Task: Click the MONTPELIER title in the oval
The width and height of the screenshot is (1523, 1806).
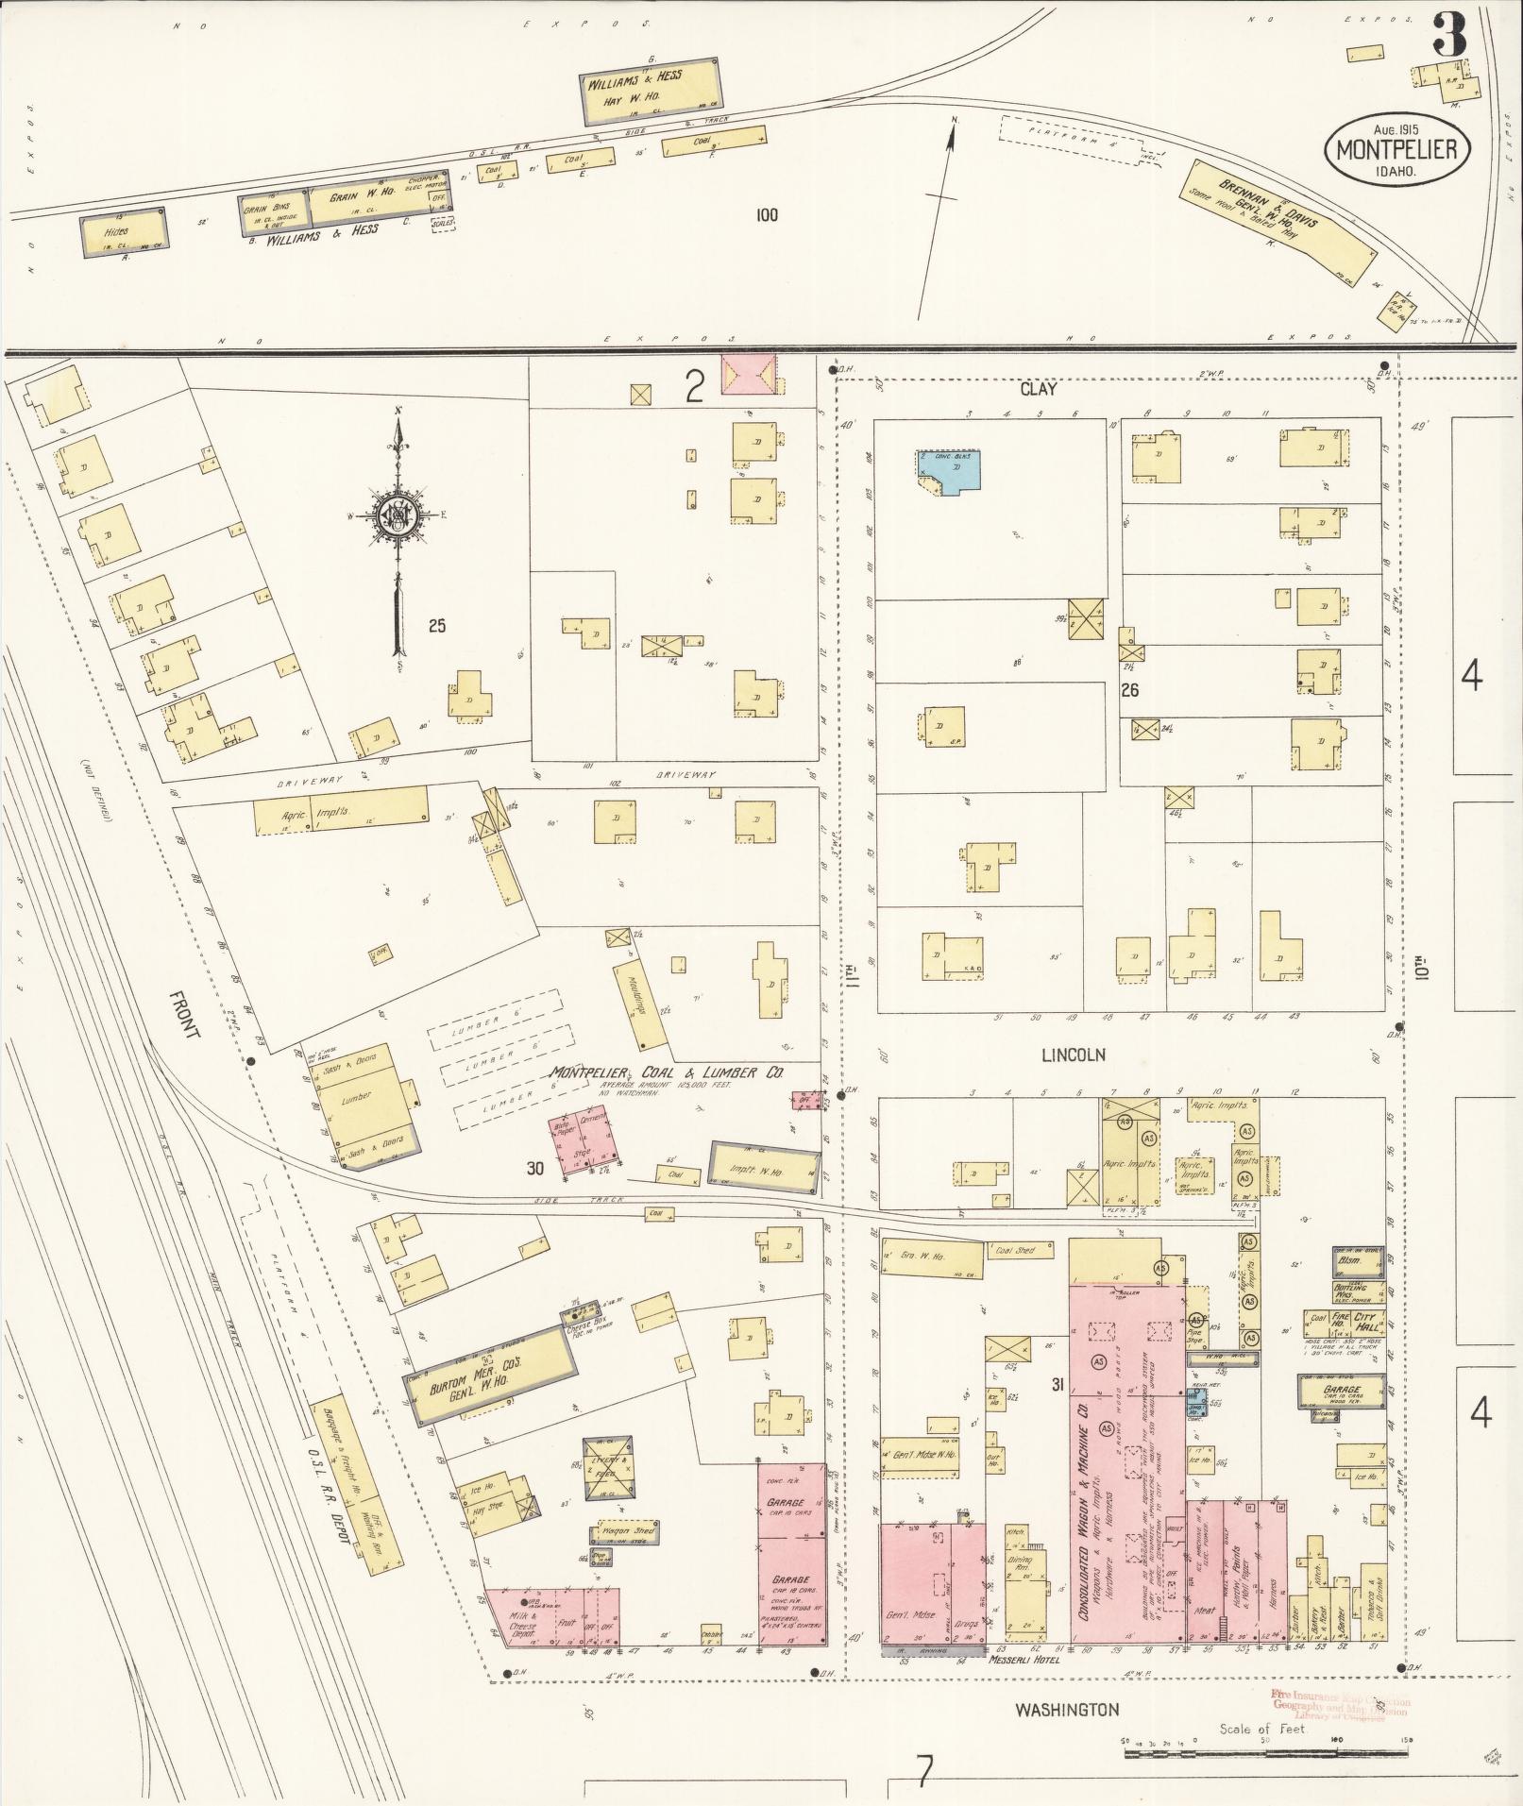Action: (x=1396, y=150)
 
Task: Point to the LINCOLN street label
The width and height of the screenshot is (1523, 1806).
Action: (x=1073, y=1055)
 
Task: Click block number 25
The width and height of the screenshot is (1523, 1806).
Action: (x=435, y=625)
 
